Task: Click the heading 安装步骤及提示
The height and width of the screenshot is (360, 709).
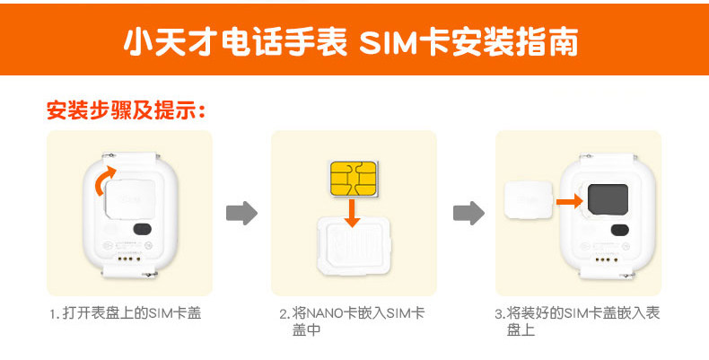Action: coord(127,111)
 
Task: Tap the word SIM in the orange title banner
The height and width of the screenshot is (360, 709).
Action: coord(391,43)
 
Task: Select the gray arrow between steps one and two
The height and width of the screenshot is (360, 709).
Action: coord(241,214)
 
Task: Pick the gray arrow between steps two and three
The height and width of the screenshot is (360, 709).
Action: coord(468,214)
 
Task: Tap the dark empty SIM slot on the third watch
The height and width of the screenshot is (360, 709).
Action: coord(611,198)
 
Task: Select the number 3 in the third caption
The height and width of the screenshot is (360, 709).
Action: coord(498,314)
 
